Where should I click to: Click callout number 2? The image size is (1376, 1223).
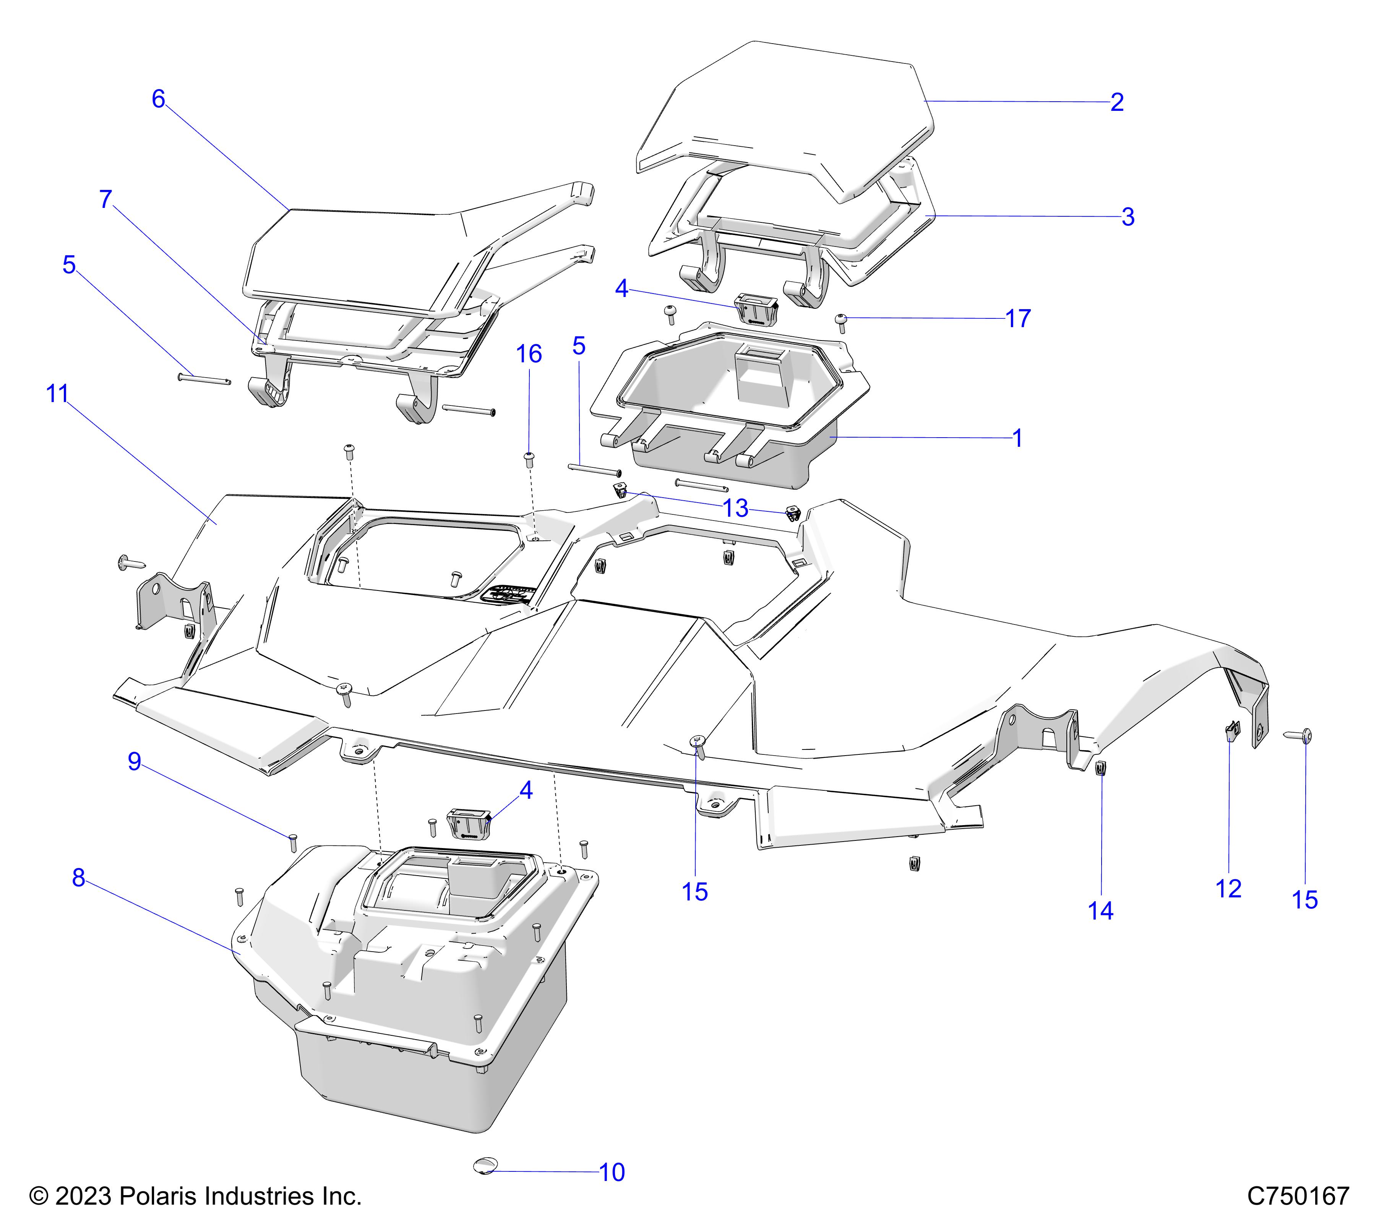(1117, 102)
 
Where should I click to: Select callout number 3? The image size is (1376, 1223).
(1128, 217)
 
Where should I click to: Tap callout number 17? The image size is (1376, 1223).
(1018, 318)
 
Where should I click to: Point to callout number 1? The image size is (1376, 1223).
(1017, 438)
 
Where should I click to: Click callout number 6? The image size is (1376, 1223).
(158, 99)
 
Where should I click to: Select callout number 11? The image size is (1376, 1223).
(57, 394)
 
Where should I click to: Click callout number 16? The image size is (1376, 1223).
(529, 354)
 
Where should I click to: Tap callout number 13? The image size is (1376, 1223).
(735, 508)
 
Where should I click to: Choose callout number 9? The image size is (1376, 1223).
(135, 761)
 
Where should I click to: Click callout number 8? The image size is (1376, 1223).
(79, 878)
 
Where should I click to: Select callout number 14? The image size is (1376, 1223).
(1101, 911)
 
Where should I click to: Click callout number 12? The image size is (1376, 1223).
(1228, 889)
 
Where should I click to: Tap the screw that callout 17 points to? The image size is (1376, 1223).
(841, 320)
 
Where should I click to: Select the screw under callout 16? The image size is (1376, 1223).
(529, 460)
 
